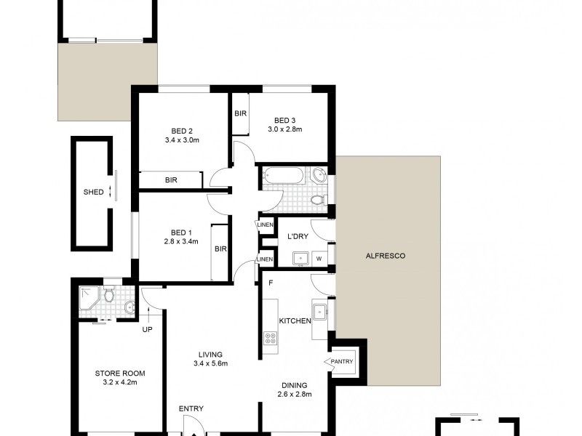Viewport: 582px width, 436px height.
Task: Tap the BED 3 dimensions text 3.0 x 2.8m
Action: (x=284, y=129)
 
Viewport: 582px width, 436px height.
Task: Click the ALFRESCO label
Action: (x=386, y=256)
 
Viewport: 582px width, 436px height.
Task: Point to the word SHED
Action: (x=93, y=193)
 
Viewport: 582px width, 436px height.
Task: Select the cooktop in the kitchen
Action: (x=271, y=338)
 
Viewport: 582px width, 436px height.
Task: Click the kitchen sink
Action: (x=320, y=310)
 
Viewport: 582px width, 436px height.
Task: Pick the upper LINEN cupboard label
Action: (x=266, y=225)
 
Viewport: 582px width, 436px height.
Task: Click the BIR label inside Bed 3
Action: (x=240, y=113)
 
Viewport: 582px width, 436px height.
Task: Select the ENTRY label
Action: (x=191, y=408)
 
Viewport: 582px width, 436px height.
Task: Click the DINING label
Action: (x=295, y=385)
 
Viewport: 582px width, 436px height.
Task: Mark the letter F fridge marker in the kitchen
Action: (x=270, y=281)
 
